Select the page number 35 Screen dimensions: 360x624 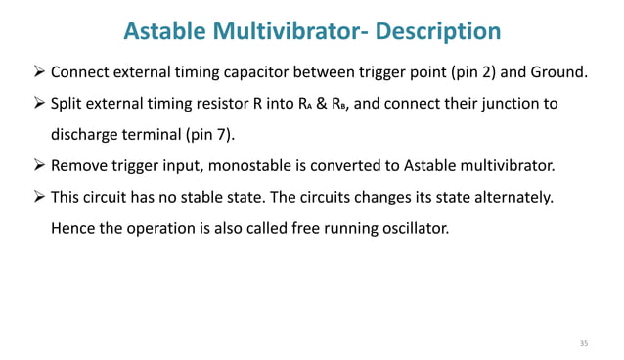tap(584, 343)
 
